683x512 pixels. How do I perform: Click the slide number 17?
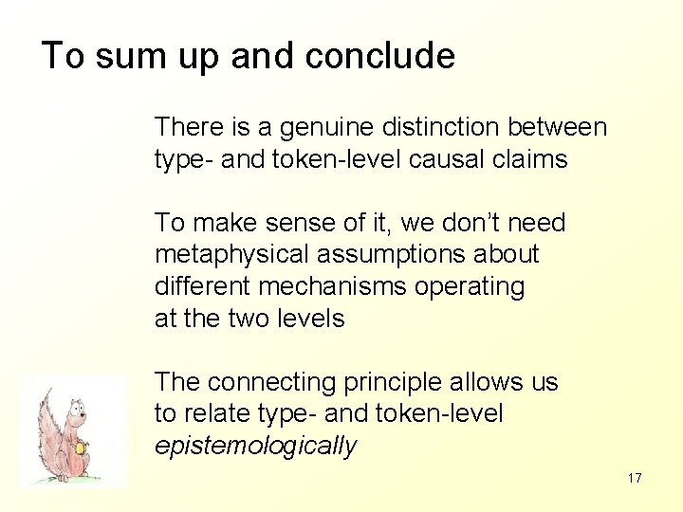635,478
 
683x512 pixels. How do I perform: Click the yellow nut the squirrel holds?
83,447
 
